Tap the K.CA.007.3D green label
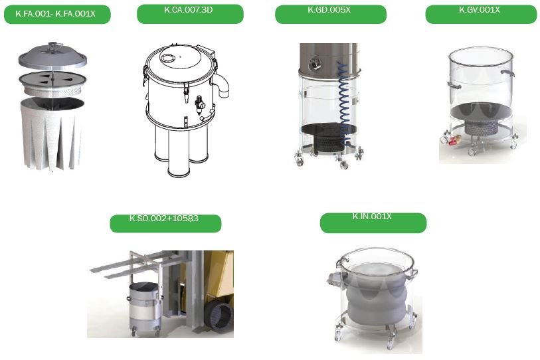[x=190, y=14]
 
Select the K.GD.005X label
[x=331, y=14]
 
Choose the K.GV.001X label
[x=481, y=14]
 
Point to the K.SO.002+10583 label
[x=165, y=223]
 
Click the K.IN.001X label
[x=373, y=223]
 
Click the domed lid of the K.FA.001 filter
[x=52, y=56]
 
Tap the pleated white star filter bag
[x=52, y=134]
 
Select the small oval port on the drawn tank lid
[x=168, y=58]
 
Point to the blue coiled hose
[x=344, y=103]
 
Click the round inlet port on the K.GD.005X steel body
[x=314, y=64]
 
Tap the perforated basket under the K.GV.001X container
[x=481, y=127]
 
